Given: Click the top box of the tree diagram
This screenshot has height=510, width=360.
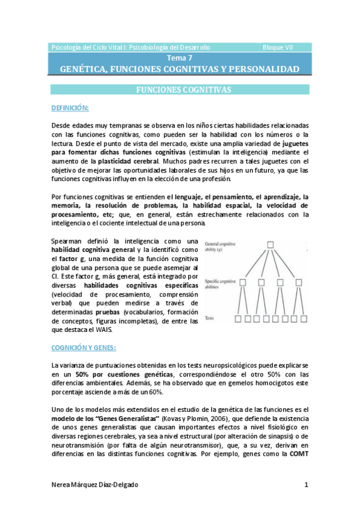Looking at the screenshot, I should coord(270,244).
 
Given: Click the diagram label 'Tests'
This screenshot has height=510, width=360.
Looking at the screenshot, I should coord(210,318).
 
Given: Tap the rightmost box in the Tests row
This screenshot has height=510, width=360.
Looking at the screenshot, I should coord(307,319).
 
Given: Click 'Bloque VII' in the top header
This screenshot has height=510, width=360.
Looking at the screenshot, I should coord(279,47).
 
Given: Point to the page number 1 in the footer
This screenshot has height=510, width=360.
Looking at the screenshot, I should coord(306,485).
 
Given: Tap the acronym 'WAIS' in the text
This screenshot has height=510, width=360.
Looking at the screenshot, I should coord(111,329).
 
